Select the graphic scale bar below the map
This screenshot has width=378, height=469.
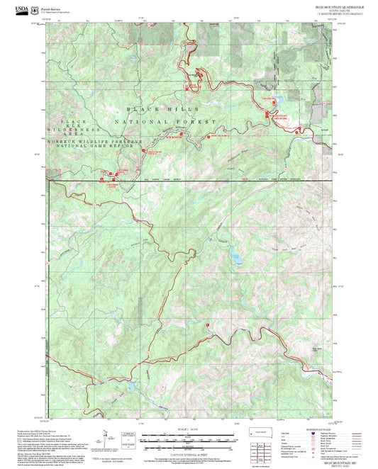tap(188, 439)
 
